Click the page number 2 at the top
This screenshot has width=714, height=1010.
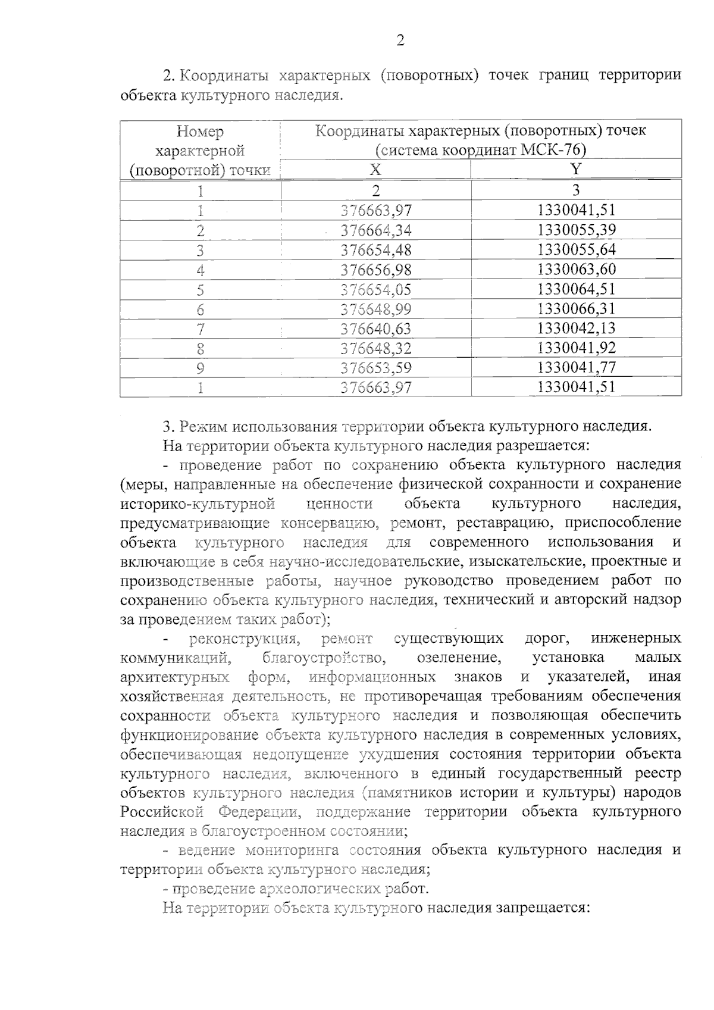[400, 41]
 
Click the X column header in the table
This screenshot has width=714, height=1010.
[375, 170]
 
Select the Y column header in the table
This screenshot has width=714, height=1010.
[575, 169]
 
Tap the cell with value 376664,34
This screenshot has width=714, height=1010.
[376, 230]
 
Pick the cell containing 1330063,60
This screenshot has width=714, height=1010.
[576, 270]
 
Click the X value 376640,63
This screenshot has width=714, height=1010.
[376, 329]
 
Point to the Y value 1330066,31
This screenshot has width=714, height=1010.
[576, 309]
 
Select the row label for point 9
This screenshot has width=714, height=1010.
[201, 368]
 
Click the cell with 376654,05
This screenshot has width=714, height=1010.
[376, 289]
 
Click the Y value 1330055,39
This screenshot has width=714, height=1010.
[576, 230]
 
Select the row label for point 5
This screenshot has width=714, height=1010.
[201, 289]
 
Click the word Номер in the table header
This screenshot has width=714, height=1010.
[201, 132]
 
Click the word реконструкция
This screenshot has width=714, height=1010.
[243, 639]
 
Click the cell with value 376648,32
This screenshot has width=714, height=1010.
[376, 348]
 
